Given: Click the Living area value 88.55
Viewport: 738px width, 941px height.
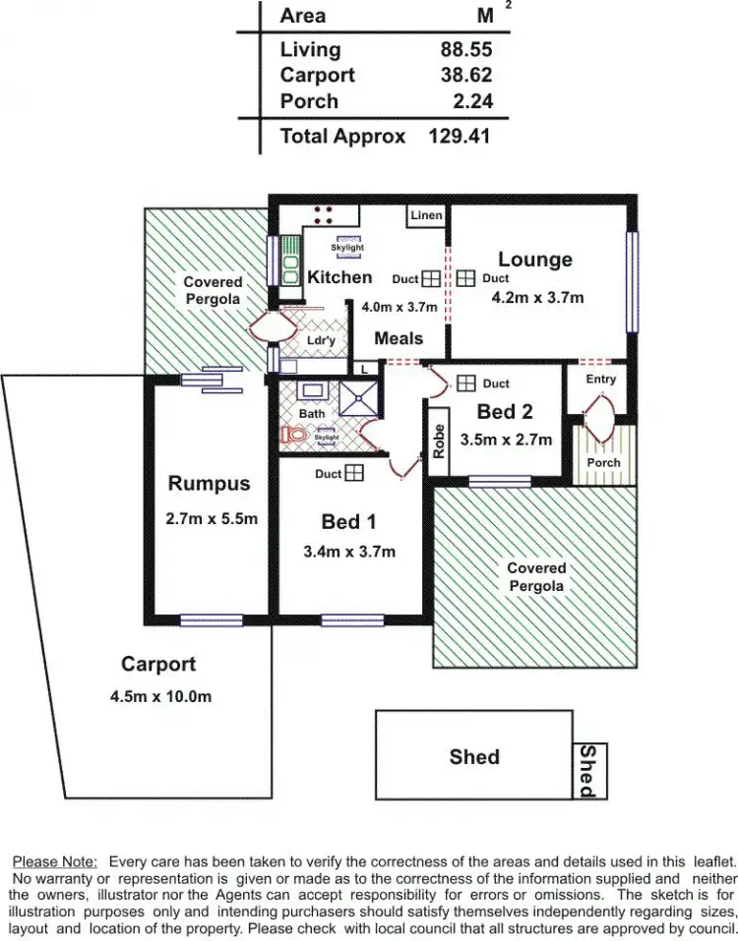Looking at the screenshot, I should point(466,49).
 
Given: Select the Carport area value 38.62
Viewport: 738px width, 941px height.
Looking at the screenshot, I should point(466,75).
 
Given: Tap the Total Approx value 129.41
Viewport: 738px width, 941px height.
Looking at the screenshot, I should point(460,137).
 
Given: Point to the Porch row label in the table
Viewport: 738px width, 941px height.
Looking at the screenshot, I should point(308,101).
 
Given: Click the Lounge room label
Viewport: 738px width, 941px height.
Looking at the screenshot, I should point(534,260).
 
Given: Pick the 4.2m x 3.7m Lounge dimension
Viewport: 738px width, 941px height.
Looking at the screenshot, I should point(538,298).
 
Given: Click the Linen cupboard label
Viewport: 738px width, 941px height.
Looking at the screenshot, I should point(426,215).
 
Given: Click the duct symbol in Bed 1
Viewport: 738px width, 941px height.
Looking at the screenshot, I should point(354,474).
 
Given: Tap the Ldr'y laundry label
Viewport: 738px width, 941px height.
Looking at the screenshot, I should point(321,341).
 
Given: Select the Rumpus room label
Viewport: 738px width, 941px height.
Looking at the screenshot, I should point(209,483).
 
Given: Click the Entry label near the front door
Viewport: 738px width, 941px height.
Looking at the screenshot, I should point(600,379).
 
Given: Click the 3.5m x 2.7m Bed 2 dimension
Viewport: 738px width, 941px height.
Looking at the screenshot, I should point(506,439).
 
